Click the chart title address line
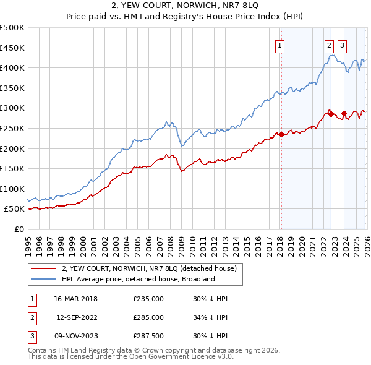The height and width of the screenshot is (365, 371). coord(185,6)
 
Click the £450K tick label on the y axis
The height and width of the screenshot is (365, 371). coord(12,48)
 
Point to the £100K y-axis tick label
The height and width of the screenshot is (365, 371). coord(12,189)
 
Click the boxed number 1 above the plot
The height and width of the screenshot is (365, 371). coord(280,45)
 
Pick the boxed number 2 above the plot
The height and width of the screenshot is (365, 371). coord(328,45)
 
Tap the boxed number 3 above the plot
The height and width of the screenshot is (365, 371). coord(343,45)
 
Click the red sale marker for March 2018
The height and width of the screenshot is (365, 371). coord(281,134)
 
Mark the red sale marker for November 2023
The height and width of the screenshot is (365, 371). coord(344,113)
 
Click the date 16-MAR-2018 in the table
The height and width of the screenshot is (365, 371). coord(76,299)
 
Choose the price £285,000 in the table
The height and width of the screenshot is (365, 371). coord(148,317)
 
